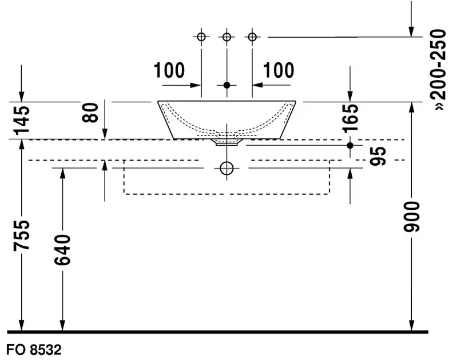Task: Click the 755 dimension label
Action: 21,235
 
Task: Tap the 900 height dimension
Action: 411,216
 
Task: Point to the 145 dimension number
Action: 21,119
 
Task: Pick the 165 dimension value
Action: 350,117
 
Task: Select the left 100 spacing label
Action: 169,71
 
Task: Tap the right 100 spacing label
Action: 279,71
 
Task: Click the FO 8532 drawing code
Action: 33,349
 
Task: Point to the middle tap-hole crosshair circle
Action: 227,37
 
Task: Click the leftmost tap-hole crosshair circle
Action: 201,37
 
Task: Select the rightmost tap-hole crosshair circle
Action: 252,37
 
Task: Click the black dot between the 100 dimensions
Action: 227,85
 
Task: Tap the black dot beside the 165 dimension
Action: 350,145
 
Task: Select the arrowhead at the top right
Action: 411,31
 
